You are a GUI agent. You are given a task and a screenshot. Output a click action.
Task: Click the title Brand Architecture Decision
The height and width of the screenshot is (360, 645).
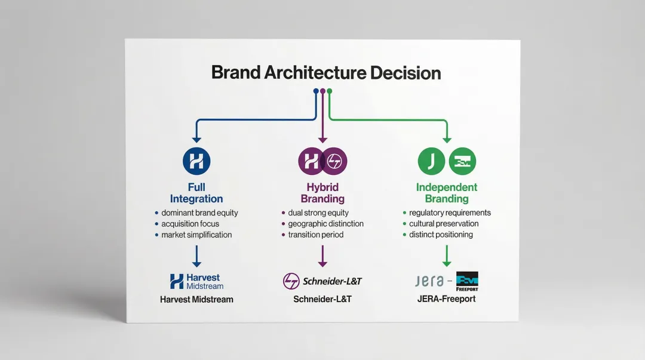(326, 73)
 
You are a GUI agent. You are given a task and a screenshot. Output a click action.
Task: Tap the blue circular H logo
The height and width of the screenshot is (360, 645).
(196, 161)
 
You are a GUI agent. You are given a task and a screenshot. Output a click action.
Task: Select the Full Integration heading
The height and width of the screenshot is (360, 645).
(196, 193)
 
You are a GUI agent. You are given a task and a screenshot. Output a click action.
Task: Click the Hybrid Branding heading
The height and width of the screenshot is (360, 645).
(322, 193)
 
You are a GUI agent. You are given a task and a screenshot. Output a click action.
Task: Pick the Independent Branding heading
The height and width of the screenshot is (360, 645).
(447, 193)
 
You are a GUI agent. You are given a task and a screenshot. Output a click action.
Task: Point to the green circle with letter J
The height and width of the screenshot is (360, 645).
(431, 161)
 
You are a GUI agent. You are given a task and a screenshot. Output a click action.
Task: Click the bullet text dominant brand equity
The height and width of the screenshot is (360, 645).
(199, 213)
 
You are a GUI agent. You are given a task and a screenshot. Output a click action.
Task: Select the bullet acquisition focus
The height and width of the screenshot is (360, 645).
(191, 224)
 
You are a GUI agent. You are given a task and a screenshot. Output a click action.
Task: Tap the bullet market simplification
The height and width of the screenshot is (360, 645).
(196, 235)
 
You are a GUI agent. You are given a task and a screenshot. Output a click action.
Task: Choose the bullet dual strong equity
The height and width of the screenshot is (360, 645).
(318, 213)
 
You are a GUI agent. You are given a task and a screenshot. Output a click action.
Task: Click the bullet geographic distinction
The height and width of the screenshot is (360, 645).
(325, 224)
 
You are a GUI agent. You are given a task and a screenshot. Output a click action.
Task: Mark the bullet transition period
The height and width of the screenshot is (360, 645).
(316, 235)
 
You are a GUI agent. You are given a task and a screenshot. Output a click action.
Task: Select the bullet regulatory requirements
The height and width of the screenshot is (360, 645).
(450, 213)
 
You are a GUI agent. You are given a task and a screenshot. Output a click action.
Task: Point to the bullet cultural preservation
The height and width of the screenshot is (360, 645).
(444, 224)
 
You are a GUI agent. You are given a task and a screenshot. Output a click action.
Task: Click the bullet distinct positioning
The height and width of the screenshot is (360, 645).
(441, 235)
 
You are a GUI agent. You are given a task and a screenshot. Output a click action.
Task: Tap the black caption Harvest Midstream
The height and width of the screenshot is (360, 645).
(196, 299)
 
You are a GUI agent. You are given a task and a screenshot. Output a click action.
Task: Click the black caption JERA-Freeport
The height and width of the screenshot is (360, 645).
(446, 299)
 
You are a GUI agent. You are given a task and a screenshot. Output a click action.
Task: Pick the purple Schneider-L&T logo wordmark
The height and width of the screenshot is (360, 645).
(333, 281)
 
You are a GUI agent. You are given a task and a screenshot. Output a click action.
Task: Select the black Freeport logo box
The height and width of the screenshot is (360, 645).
(467, 281)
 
